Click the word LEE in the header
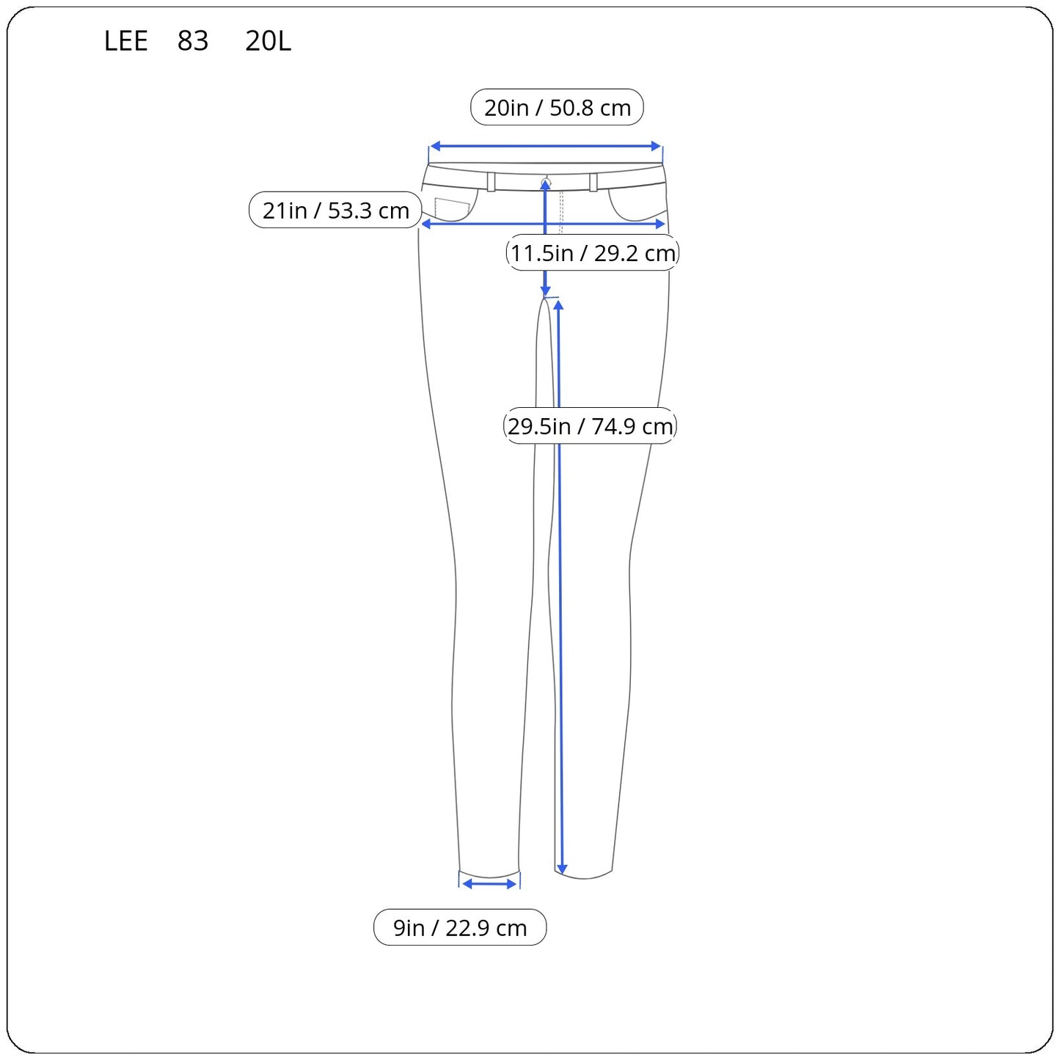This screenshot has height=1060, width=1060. point(126,41)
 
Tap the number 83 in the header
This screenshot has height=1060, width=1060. point(193,41)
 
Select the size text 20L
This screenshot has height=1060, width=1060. point(268,41)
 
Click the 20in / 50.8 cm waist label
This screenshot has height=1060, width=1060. point(557,107)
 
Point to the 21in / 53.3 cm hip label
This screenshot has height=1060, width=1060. point(335,210)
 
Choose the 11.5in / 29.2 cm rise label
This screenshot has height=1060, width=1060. point(593,252)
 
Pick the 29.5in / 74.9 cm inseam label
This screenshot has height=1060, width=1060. point(590,425)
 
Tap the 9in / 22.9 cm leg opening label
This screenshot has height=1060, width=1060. point(460,927)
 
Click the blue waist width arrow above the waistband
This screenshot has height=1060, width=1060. point(545,146)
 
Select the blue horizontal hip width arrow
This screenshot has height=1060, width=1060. point(544,224)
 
